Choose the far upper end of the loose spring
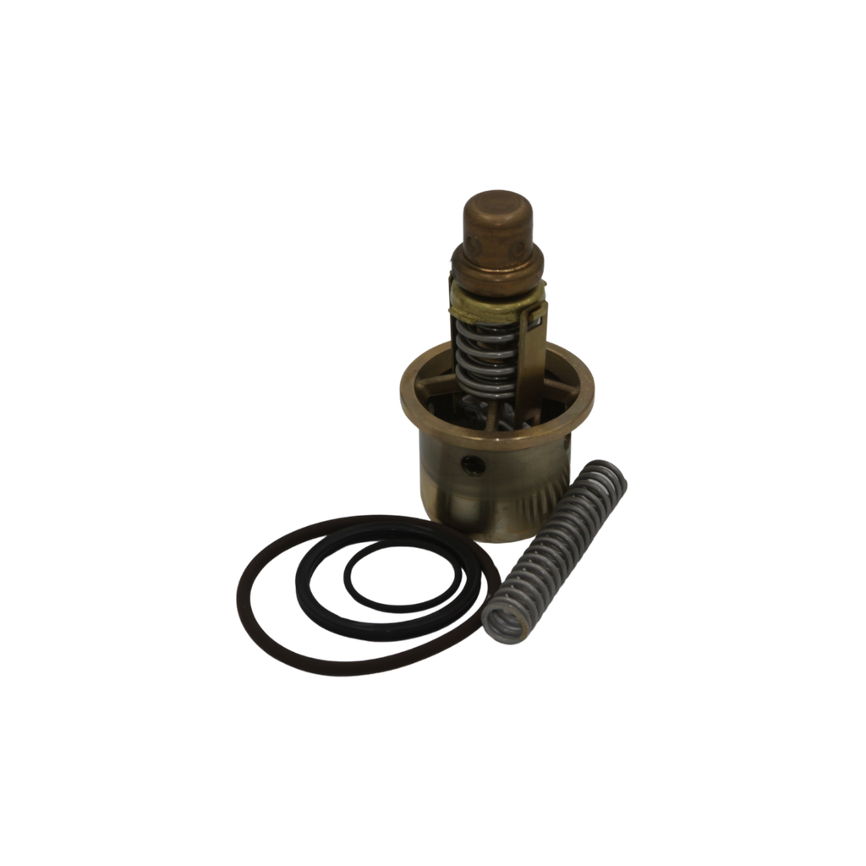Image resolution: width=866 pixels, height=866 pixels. coord(610,475)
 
